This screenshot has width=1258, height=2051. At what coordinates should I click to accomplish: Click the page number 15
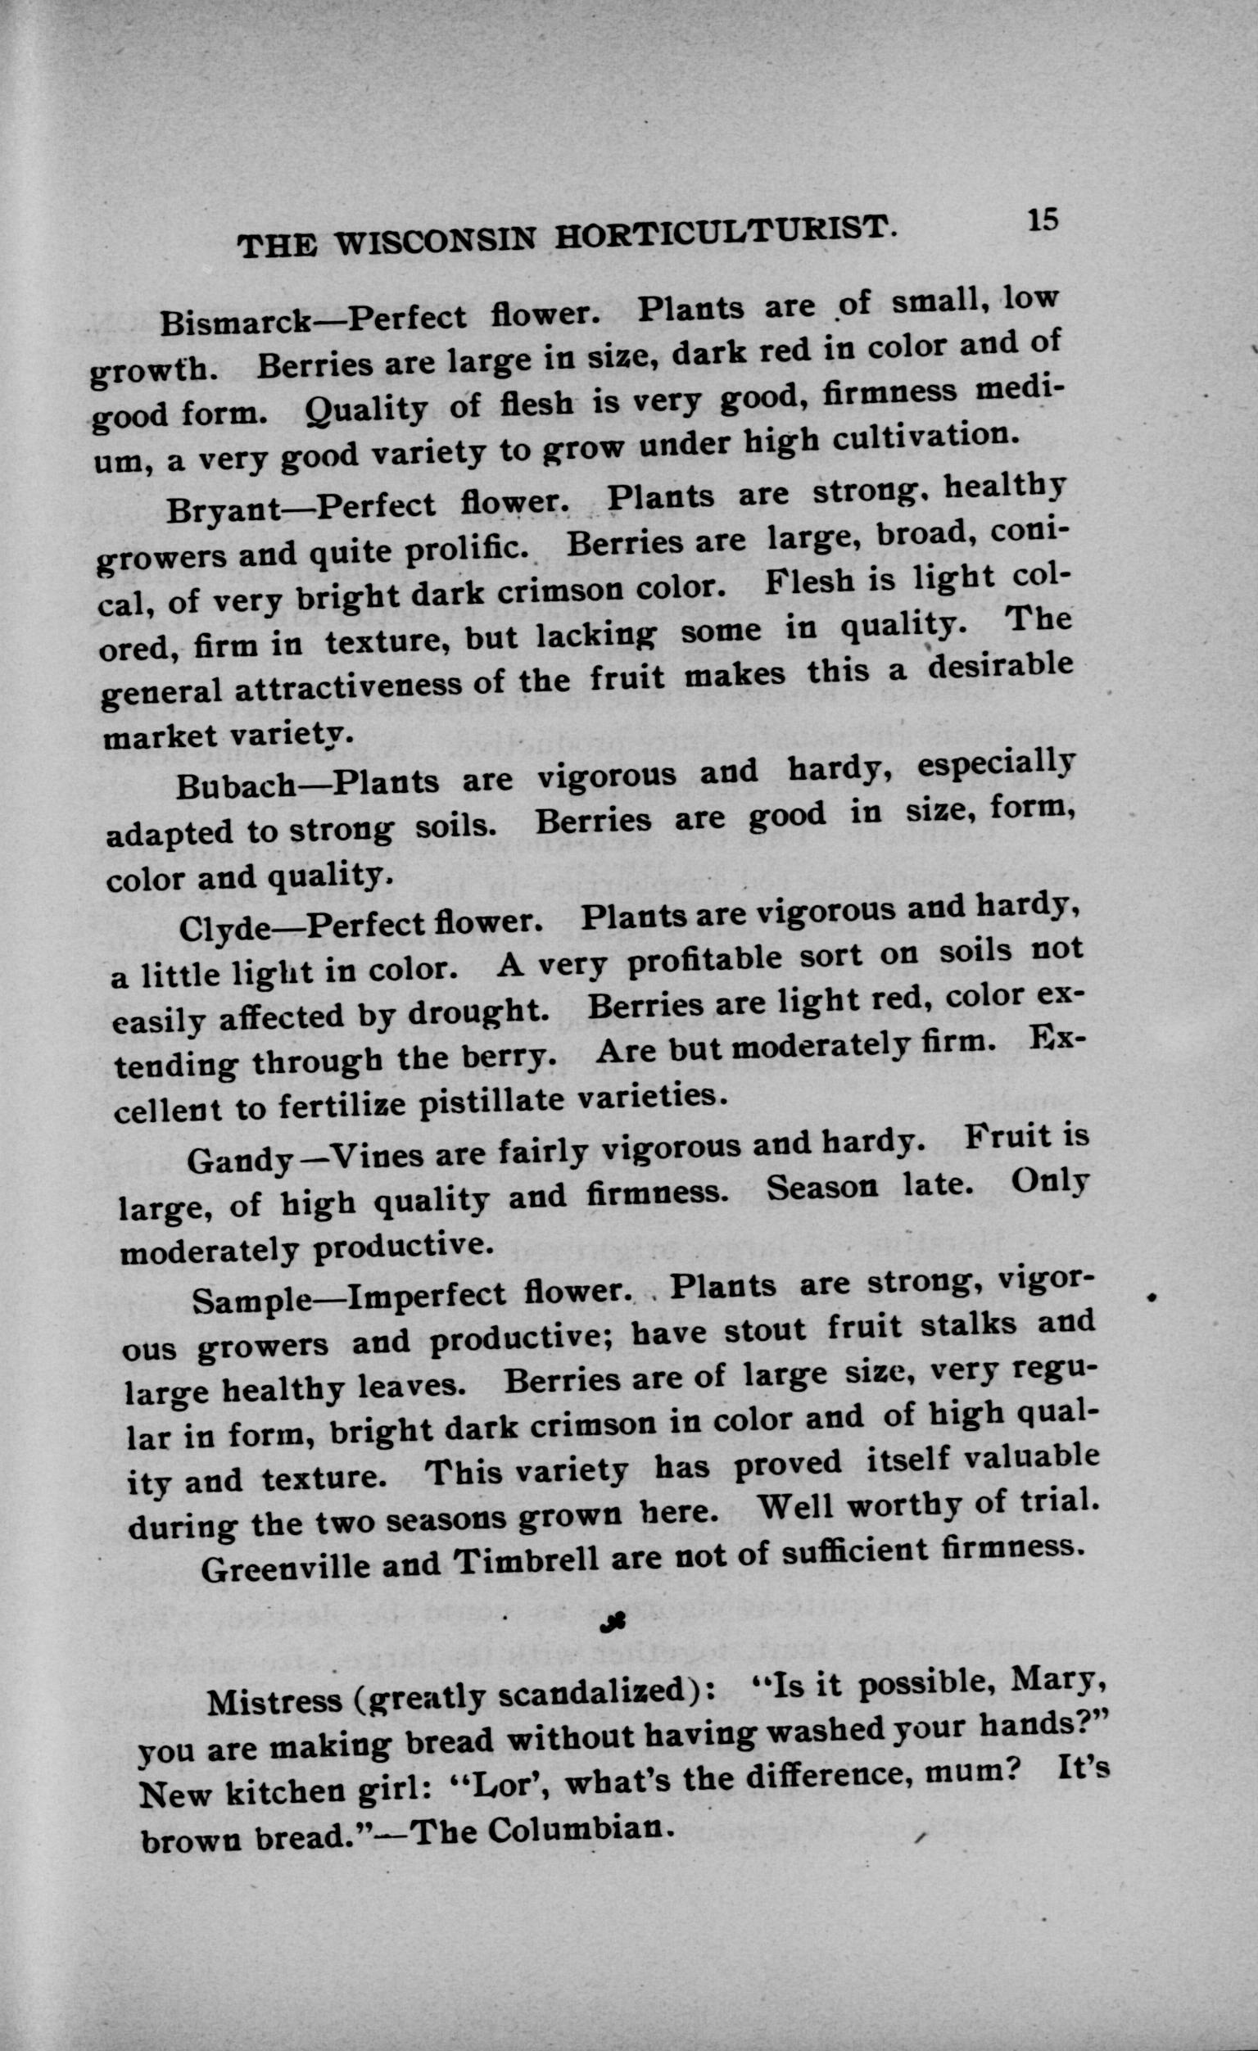point(1041,220)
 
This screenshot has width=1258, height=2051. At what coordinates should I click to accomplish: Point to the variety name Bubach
point(238,786)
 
